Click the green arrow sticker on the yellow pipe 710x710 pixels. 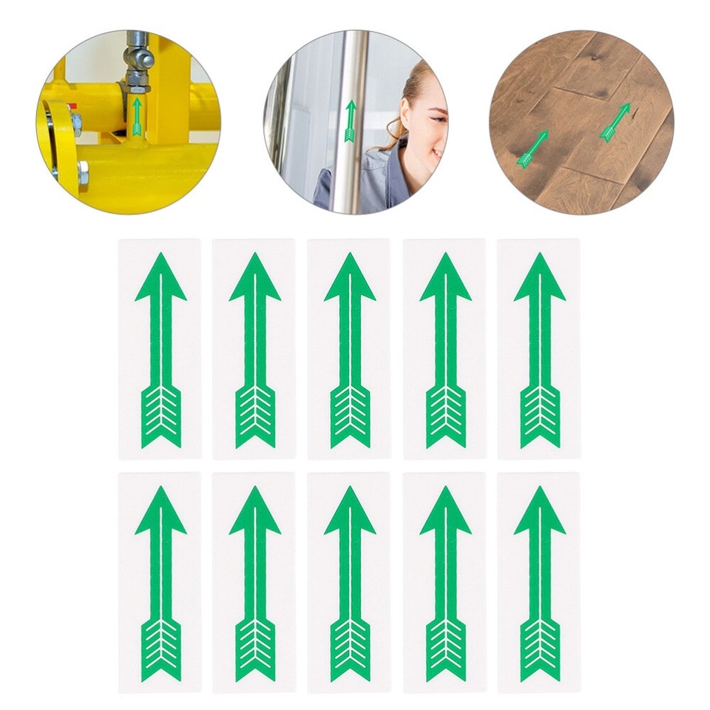(137, 117)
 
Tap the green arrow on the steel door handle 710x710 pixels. (351, 121)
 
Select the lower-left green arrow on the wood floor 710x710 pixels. (533, 148)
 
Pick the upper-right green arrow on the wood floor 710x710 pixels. (615, 122)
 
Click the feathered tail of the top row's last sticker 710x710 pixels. (540, 416)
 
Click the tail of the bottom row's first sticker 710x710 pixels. (160, 649)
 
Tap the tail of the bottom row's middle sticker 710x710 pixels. (350, 649)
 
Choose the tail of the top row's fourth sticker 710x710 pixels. (445, 416)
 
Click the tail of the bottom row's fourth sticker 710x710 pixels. (445, 649)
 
